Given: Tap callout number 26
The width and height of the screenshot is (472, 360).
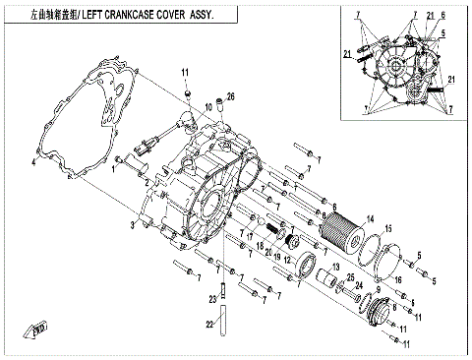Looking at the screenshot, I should pyautogui.click(x=231, y=95).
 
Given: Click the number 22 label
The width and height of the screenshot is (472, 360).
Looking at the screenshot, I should pyautogui.click(x=208, y=324).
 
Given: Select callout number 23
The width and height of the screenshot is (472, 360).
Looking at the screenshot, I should pyautogui.click(x=211, y=299).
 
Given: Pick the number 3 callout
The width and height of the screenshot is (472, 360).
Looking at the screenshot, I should pyautogui.click(x=131, y=226).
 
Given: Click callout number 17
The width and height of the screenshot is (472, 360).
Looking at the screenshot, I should pyautogui.click(x=251, y=229).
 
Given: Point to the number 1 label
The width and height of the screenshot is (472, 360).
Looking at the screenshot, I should pyautogui.click(x=114, y=168).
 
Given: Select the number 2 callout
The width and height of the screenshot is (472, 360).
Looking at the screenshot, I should pyautogui.click(x=147, y=183).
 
